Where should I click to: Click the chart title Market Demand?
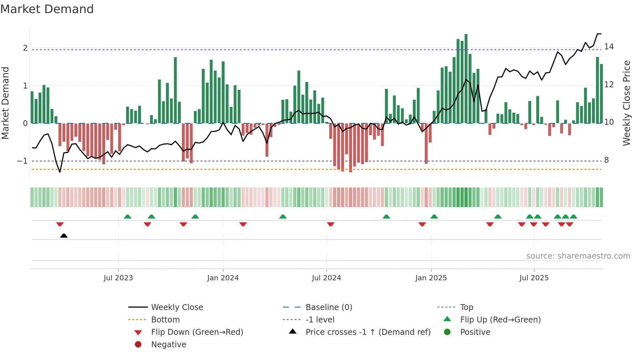click(x=47, y=9)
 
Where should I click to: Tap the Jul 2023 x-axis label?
click(x=118, y=278)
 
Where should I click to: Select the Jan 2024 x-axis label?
click(x=223, y=278)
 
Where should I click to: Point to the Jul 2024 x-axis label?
click(x=327, y=278)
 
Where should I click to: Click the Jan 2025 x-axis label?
click(x=431, y=278)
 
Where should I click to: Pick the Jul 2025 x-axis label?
click(x=534, y=278)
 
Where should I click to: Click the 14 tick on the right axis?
click(x=609, y=47)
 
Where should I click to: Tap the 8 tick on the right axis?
click(x=607, y=160)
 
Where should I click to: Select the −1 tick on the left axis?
click(x=22, y=161)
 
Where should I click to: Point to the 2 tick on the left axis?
click(x=25, y=48)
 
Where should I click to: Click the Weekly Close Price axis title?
click(x=627, y=103)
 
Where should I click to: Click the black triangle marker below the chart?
click(x=64, y=236)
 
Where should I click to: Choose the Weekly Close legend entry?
click(x=177, y=307)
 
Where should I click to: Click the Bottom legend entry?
click(x=165, y=320)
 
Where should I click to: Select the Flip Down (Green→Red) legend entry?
click(x=197, y=332)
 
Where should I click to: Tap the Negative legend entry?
click(x=168, y=345)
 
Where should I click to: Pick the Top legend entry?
click(x=467, y=307)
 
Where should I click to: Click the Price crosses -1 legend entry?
click(x=368, y=332)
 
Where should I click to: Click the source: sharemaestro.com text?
click(x=578, y=256)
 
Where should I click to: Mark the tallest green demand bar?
click(x=466, y=78)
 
